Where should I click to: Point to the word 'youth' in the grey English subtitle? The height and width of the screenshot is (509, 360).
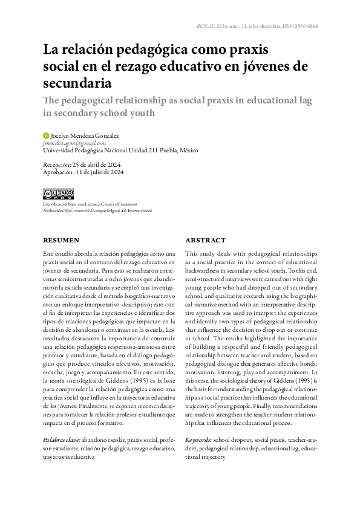coord(140,112)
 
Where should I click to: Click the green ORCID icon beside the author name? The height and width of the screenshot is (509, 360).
coord(45,135)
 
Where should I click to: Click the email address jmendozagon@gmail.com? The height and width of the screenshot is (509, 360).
coord(74,143)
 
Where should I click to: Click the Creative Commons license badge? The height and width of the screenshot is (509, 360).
coord(58,193)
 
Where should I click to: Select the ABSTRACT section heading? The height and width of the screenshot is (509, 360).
coord(205,240)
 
